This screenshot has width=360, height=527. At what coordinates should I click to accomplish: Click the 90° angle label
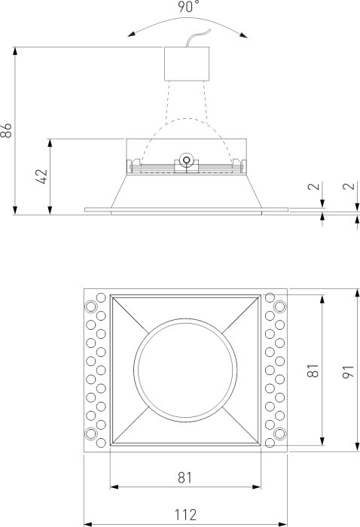pos(188,7)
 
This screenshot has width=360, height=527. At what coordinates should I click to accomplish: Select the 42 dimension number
pos(42,176)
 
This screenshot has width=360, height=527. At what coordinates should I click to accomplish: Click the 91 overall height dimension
pos(348,371)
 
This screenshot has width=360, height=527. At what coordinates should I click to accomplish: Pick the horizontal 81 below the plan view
pos(185,477)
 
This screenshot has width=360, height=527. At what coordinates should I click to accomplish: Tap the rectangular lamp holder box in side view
pos(185,63)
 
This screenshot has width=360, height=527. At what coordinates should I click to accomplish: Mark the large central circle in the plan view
pos(185,371)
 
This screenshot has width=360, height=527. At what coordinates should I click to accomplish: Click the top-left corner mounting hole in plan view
pos(91,306)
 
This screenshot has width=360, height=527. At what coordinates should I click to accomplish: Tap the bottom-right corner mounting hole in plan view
pos(279,434)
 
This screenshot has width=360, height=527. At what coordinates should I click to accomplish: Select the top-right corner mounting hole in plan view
pos(279,306)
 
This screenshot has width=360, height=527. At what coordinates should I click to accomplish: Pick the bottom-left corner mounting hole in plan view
pos(91,434)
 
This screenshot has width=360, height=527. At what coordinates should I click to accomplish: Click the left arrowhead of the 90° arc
pos(130,32)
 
